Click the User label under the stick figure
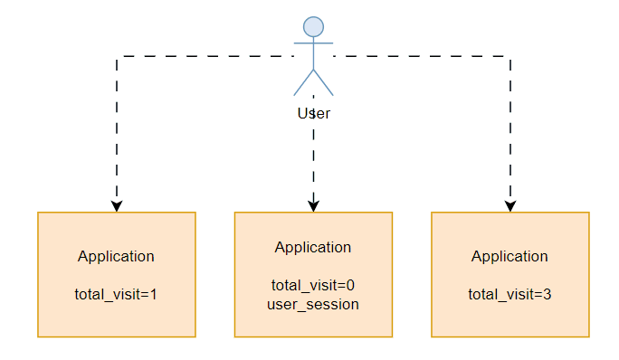pos(313,114)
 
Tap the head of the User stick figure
pos(313,26)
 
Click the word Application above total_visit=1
pos(116,256)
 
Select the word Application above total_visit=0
pos(313,247)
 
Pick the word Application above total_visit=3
pos(509,256)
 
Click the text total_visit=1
pos(116,294)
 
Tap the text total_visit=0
pos(313,285)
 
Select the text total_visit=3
pos(509,294)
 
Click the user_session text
pos(313,304)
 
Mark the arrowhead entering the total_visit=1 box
pos(117,205)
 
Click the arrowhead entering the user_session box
pos(313,205)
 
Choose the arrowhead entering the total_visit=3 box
pos(510,205)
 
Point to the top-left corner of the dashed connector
pos(117,56)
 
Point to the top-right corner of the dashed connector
pos(510,56)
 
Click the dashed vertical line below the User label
pos(313,154)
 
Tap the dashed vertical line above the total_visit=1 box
pos(117,127)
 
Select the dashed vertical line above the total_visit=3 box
pos(510,127)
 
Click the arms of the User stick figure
pos(313,43)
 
